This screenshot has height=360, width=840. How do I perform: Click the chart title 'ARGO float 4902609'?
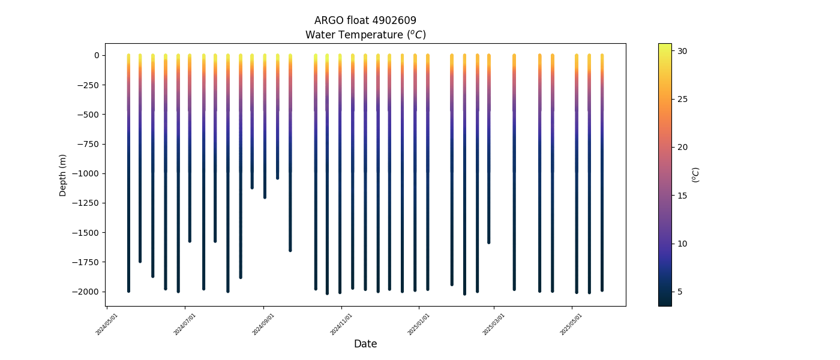[365, 20]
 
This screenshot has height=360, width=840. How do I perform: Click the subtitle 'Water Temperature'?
[365, 35]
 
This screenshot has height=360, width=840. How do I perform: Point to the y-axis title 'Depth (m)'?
[63, 175]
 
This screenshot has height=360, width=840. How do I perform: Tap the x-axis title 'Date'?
[365, 344]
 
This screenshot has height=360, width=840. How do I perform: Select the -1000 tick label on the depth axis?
[87, 173]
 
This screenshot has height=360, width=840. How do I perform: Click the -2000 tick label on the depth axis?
[87, 292]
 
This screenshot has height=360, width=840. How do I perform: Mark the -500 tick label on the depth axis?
[89, 115]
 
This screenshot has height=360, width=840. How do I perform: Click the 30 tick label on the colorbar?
[683, 51]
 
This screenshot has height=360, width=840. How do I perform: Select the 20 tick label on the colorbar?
[683, 147]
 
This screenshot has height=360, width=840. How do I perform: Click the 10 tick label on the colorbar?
[683, 244]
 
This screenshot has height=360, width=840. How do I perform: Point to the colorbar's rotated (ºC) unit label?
[696, 175]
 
